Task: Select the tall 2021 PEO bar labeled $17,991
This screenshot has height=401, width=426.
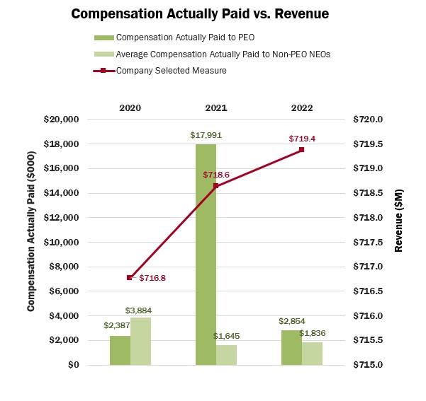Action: coord(206,255)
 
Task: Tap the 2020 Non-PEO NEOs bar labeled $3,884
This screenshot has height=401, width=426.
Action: coord(141,341)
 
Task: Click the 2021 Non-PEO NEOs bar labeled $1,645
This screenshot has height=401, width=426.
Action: coord(226,354)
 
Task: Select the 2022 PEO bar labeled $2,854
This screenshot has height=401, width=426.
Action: coord(291,347)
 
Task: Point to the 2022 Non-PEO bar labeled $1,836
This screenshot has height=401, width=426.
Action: coord(312,354)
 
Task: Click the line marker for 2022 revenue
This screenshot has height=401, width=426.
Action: coord(301,149)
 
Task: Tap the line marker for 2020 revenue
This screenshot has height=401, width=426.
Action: coord(130,277)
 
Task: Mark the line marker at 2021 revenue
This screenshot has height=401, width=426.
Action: coord(216,186)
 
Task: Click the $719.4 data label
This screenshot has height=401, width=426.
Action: coord(301,139)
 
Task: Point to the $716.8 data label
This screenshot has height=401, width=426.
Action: coord(152,278)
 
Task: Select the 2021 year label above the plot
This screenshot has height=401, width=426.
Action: coord(216,107)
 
